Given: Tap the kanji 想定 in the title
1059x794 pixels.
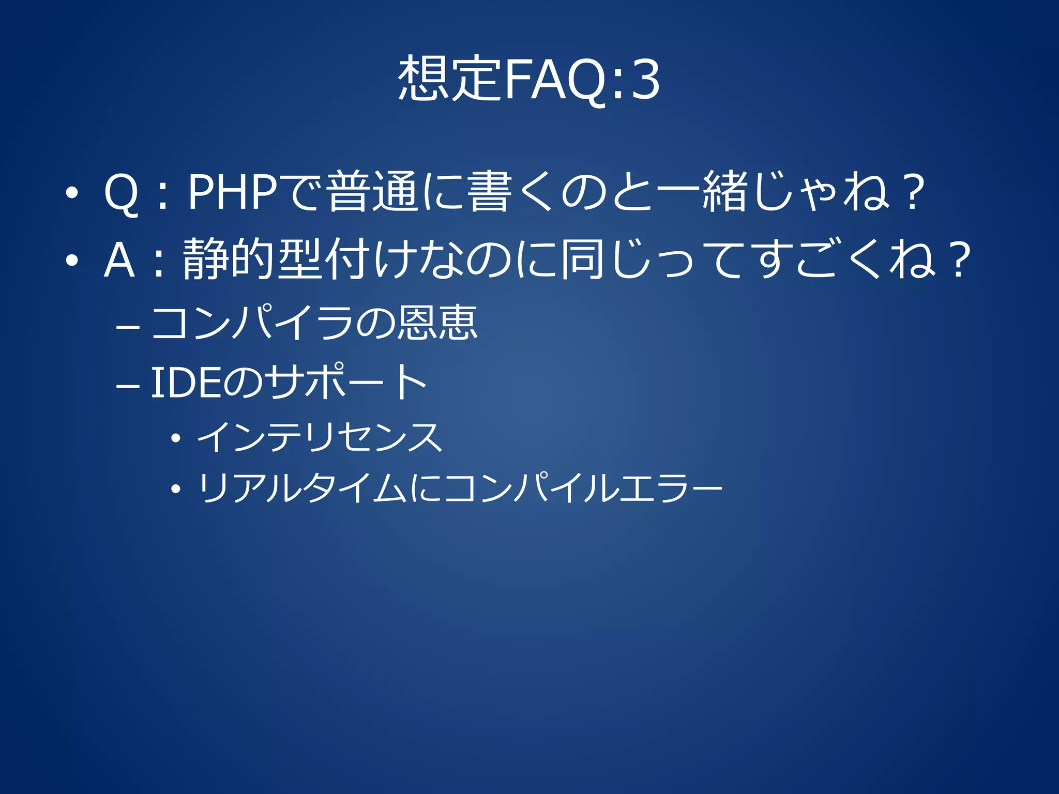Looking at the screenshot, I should (449, 80).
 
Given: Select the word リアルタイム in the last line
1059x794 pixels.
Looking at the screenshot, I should (302, 488).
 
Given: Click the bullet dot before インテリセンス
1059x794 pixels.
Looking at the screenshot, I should (176, 438).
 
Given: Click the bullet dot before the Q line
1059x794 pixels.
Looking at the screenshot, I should (72, 193).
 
